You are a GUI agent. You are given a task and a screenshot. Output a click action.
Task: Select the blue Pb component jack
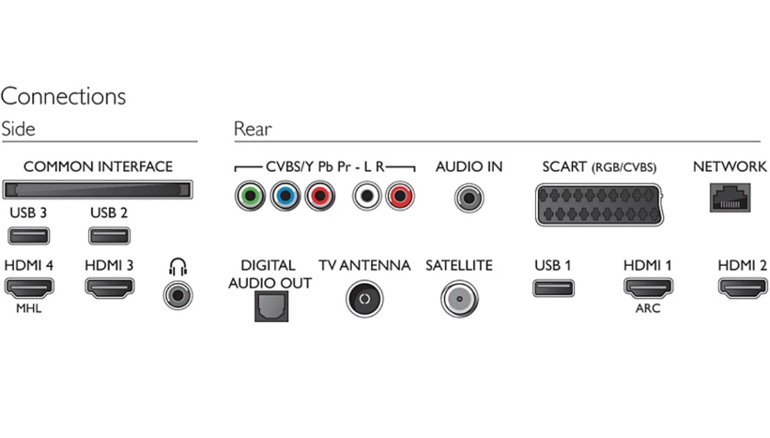[x=285, y=196]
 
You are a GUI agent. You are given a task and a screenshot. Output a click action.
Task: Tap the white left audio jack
[x=367, y=196]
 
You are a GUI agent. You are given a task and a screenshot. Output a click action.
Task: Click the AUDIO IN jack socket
[x=469, y=197]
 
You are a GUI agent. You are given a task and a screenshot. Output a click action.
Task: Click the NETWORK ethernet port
[x=730, y=197]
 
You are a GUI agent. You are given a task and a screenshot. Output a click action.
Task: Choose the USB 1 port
[x=553, y=288]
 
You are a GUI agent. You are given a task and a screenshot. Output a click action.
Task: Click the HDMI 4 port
[x=29, y=288]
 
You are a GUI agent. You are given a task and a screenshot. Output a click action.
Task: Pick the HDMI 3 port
[x=109, y=288]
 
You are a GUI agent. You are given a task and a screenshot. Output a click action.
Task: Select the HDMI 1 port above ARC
[x=648, y=288]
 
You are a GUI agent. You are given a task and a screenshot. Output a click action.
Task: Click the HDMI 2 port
[x=743, y=288]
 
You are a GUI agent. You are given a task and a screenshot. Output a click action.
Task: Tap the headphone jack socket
[x=178, y=295]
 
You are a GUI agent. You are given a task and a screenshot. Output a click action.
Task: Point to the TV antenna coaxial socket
[x=364, y=299]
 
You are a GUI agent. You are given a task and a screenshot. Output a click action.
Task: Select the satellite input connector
[x=459, y=299]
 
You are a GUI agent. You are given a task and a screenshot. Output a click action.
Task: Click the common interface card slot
[x=97, y=190]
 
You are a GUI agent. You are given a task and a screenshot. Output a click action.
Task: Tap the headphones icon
[x=177, y=267]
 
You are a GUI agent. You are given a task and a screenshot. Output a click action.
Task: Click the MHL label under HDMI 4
[x=29, y=309]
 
